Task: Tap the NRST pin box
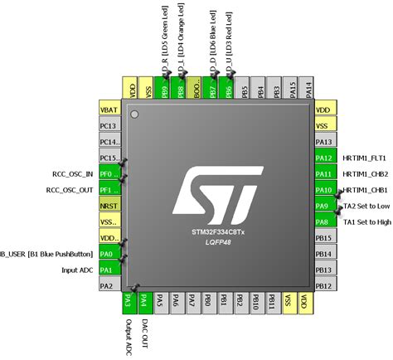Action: [x=109, y=206]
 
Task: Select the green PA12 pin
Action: [x=325, y=158]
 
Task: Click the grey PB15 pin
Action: [x=325, y=238]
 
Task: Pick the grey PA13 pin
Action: [x=325, y=142]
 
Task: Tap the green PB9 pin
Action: [x=164, y=90]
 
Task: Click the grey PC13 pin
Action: [x=109, y=126]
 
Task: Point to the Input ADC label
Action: [x=80, y=270]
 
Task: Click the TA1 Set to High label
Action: [x=366, y=222]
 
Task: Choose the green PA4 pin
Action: [x=144, y=302]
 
